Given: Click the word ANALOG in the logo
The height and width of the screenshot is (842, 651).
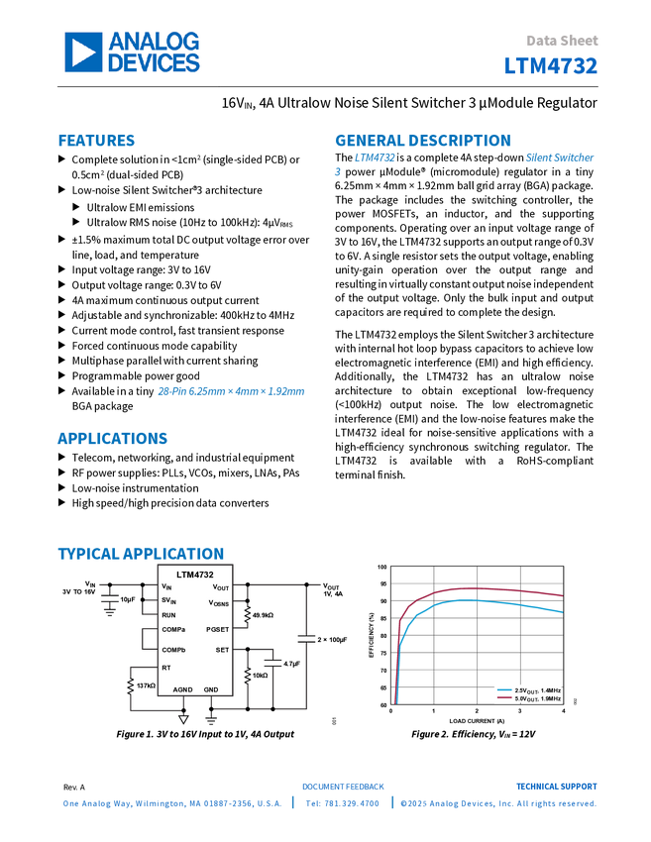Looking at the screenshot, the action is pyautogui.click(x=154, y=42).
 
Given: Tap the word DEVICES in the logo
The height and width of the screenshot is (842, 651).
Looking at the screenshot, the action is pyautogui.click(x=154, y=63).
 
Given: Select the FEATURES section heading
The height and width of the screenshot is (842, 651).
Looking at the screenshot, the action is pyautogui.click(x=96, y=141).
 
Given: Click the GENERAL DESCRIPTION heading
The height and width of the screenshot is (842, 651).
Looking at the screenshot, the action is pyautogui.click(x=422, y=141).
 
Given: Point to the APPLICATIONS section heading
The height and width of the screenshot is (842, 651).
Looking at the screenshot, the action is pyautogui.click(x=112, y=439).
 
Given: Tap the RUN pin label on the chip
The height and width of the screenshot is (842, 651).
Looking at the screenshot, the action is pyautogui.click(x=168, y=615).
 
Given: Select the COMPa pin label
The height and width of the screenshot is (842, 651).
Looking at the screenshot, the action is pyautogui.click(x=173, y=630).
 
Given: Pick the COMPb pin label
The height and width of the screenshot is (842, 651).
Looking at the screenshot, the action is pyautogui.click(x=173, y=650).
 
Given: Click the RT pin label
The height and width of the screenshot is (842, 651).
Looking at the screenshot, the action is pyautogui.click(x=166, y=668).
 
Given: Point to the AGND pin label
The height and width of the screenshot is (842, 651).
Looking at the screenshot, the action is pyautogui.click(x=183, y=689).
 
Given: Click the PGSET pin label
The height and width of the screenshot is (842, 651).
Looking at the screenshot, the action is pyautogui.click(x=218, y=630).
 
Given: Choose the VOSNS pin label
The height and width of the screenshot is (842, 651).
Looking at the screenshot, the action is pyautogui.click(x=219, y=603).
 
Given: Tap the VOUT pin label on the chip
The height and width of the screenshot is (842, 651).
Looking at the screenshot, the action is pyautogui.click(x=221, y=587).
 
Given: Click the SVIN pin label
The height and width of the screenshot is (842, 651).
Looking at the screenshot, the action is pyautogui.click(x=168, y=600).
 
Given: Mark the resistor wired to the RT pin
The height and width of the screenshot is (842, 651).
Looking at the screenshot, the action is pyautogui.click(x=130, y=683).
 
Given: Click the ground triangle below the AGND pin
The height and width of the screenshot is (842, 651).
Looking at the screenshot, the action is pyautogui.click(x=183, y=720).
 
